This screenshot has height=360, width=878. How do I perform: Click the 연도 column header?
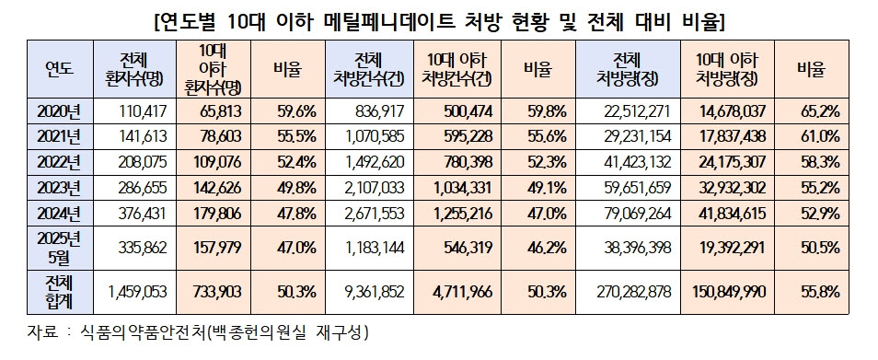coord(59,69)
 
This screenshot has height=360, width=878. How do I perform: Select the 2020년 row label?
coord(59,112)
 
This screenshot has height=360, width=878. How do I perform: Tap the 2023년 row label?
coord(59,188)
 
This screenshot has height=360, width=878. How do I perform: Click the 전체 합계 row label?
coord(59,291)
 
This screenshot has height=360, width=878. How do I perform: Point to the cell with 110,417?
coord(143,112)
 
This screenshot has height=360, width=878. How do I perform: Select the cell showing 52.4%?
coord(296,162)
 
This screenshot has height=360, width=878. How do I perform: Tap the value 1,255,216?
coord(463,213)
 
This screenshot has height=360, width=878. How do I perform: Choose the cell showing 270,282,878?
coord(633,291)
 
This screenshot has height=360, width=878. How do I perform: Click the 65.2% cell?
coord(820,112)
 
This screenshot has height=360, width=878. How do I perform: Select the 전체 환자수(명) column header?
coord(133,69)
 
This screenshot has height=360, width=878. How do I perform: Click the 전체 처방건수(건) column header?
coord(367,69)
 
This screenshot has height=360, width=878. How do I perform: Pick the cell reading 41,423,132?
coord(636,162)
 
